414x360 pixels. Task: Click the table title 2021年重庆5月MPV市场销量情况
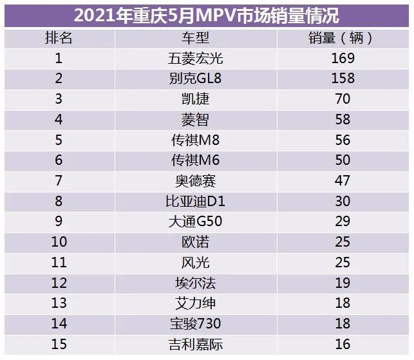click(x=206, y=14)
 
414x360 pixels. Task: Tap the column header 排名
click(x=59, y=37)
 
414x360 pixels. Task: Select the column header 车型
click(x=195, y=37)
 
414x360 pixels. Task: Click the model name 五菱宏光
click(x=195, y=59)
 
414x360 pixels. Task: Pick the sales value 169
click(x=342, y=59)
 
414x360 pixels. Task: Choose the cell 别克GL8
click(x=195, y=79)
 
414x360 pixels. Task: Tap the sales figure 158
click(x=342, y=79)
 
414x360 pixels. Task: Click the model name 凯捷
click(x=195, y=99)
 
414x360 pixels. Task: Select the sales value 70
click(x=342, y=99)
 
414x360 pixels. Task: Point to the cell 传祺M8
click(x=195, y=140)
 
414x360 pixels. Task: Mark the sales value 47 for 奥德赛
click(x=342, y=181)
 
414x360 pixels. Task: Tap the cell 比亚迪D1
click(x=195, y=202)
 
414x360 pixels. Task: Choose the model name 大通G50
click(x=195, y=222)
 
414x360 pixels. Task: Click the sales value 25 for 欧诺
click(x=342, y=242)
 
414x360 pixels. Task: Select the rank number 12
click(x=59, y=283)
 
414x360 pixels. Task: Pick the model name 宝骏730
click(x=195, y=324)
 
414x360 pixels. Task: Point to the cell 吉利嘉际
click(x=195, y=345)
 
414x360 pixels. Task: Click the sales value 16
click(x=342, y=345)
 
